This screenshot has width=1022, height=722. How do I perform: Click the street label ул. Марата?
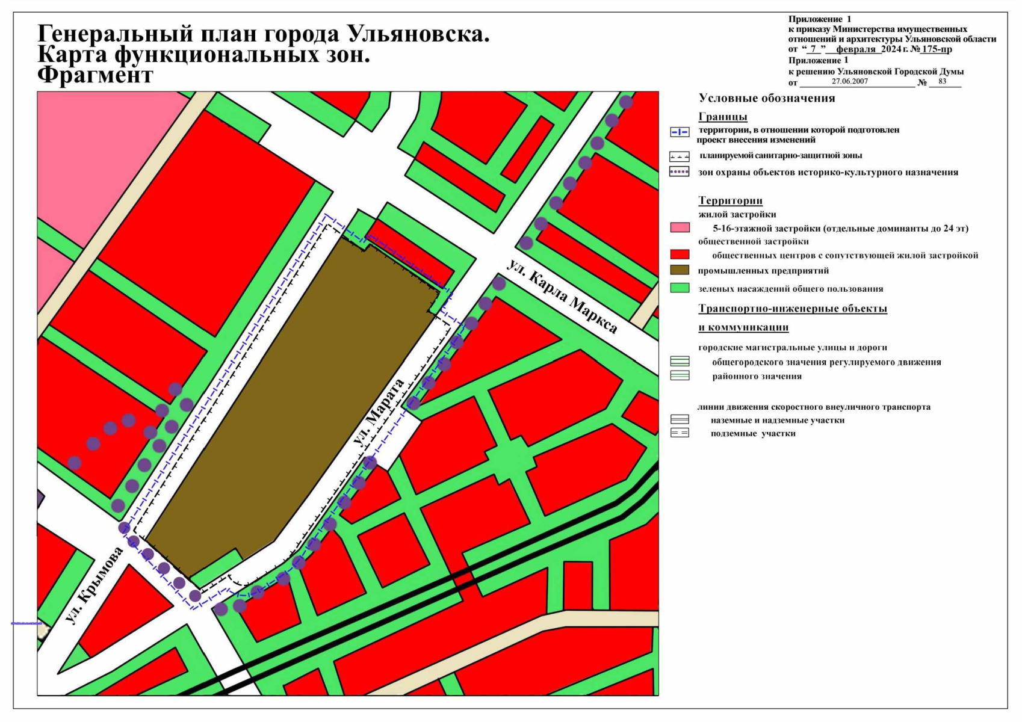click(x=379, y=413)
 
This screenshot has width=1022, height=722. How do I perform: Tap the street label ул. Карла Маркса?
click(x=562, y=297)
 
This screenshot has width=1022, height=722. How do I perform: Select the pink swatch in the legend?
click(x=680, y=228)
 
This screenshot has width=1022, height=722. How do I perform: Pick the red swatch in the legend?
click(x=680, y=255)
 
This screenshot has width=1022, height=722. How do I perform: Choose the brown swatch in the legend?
click(x=680, y=270)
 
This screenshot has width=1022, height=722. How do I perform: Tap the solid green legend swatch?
click(x=680, y=288)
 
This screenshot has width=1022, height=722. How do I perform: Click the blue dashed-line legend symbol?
click(x=680, y=132)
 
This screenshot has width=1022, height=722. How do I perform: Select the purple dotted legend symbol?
click(x=680, y=172)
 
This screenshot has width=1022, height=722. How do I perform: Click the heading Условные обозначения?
click(x=766, y=98)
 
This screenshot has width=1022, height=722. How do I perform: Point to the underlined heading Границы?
click(x=722, y=117)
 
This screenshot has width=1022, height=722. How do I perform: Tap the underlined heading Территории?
click(x=730, y=200)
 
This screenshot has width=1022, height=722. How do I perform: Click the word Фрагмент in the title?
click(x=95, y=75)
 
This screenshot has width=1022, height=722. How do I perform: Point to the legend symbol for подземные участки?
click(x=680, y=433)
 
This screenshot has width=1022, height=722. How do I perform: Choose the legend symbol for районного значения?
click(x=680, y=376)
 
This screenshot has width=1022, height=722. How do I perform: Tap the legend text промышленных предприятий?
click(x=763, y=271)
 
